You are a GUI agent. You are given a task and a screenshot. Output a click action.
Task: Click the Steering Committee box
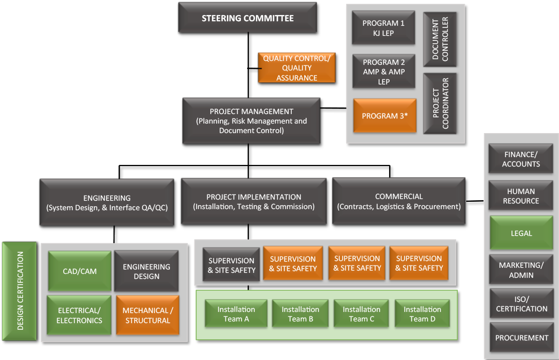[247, 18]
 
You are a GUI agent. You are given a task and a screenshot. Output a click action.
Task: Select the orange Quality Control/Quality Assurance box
[296, 68]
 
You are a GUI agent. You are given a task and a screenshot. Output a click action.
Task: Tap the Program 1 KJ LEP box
[383, 28]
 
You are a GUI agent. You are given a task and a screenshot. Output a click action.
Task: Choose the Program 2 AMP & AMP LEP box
[383, 72]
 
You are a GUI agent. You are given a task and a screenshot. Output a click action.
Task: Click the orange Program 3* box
[385, 116]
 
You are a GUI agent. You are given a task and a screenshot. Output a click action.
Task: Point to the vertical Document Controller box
[440, 39]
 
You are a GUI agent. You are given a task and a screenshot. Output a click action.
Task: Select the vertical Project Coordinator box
[440, 103]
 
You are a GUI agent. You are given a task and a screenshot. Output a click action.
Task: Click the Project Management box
[252, 121]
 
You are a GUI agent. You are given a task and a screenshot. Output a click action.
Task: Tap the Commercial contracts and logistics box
[399, 201]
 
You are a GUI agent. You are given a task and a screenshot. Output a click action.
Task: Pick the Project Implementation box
[253, 201]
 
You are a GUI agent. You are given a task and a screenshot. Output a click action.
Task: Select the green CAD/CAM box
[79, 271]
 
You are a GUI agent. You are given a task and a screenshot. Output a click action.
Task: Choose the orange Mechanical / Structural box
[147, 315]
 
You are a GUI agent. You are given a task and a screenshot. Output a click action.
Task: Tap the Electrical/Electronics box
[79, 315]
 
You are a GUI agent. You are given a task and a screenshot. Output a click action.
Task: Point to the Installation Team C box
[362, 314]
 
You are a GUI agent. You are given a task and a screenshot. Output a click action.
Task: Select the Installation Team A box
[236, 314]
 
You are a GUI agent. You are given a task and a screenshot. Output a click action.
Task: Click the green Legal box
[521, 233]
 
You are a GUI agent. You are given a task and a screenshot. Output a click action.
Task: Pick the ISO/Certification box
[521, 304]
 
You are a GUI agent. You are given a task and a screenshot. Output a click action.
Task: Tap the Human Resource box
[521, 196]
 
